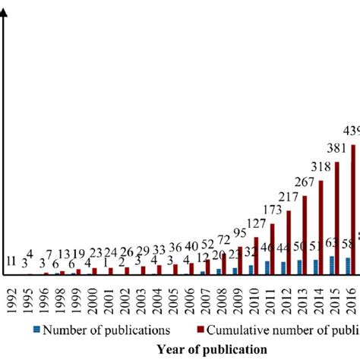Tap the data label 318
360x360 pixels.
coord(320,167)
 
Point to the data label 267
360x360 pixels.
coord(304,183)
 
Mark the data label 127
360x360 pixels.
coord(257,225)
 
